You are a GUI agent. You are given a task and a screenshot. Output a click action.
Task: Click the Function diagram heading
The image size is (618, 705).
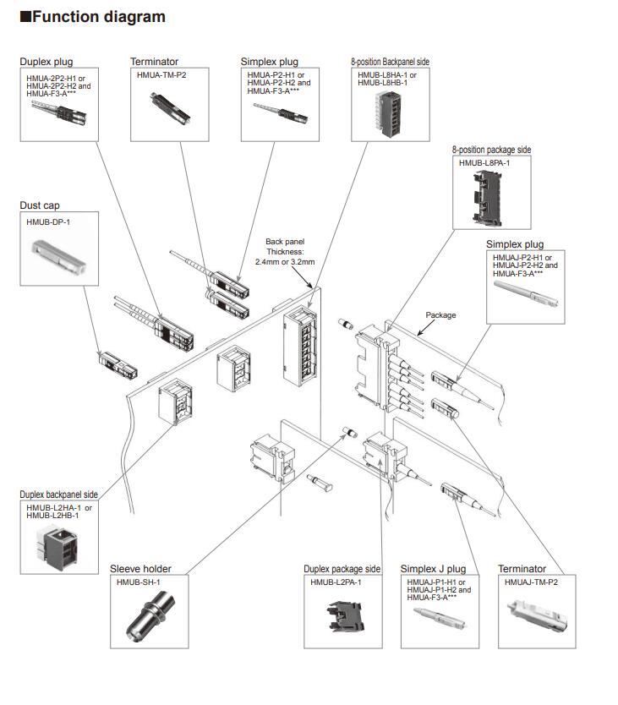pyautogui.click(x=92, y=17)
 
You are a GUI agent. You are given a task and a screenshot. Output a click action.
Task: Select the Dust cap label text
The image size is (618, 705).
pyautogui.click(x=40, y=205)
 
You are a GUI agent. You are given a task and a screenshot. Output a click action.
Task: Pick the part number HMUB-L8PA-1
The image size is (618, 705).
pyautogui.click(x=484, y=162)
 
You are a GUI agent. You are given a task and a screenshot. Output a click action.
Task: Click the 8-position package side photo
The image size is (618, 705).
pyautogui.click(x=493, y=197)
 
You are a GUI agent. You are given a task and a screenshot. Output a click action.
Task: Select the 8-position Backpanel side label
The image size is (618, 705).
pyautogui.click(x=390, y=63)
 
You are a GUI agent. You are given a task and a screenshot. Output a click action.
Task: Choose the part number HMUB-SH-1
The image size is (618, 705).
pyautogui.click(x=139, y=582)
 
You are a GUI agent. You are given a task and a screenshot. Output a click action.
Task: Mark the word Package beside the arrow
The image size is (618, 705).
pyautogui.click(x=440, y=315)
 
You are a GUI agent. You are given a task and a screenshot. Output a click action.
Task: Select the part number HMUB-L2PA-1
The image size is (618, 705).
pyautogui.click(x=336, y=582)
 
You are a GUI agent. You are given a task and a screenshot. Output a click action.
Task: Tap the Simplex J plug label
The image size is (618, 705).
pyautogui.click(x=433, y=569)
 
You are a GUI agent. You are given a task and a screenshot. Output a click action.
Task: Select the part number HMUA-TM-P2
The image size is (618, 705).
pyautogui.click(x=162, y=74)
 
